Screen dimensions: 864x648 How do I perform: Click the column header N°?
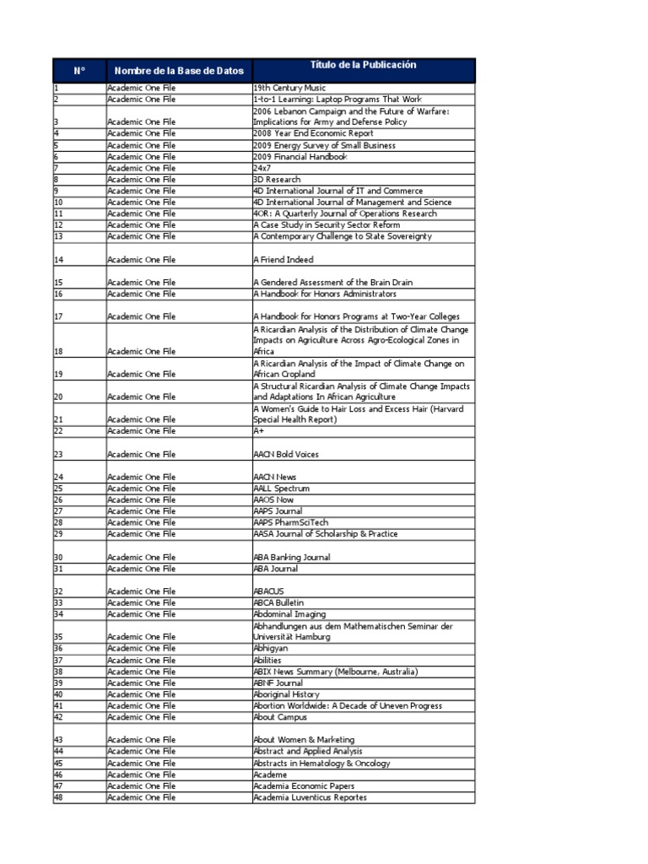coord(79,70)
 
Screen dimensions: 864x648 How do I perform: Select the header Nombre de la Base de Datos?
coord(179,70)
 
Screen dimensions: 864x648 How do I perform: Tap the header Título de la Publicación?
coord(364,66)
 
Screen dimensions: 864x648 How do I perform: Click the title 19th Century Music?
coord(289,88)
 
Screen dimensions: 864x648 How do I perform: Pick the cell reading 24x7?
coord(265,168)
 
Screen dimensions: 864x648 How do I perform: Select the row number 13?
coord(59,236)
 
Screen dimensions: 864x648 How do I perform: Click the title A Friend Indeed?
coord(283,260)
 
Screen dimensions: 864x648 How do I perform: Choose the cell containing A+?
coord(259,431)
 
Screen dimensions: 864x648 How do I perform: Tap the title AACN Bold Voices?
coord(286,454)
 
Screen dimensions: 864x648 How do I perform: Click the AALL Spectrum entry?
coord(282,489)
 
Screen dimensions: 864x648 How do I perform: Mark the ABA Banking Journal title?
coord(292,557)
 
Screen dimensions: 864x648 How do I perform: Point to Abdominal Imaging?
coord(289,614)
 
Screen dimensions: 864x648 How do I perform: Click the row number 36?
coord(59,648)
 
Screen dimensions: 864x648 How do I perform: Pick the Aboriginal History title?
coord(287,694)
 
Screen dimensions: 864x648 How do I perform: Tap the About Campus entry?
coord(280,717)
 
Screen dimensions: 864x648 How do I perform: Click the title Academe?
coord(270,775)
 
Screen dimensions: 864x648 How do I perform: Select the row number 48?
coord(59,797)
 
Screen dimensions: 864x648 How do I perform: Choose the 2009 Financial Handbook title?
coord(300,157)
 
